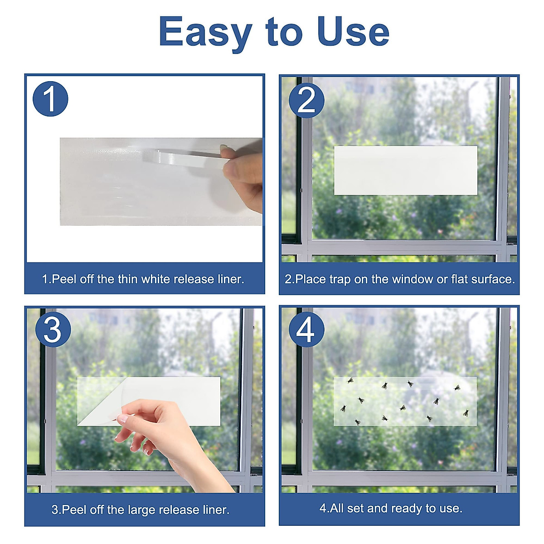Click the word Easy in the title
204,32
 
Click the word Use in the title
353,32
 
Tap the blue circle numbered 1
50,99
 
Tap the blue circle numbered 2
306,100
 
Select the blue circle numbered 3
52,330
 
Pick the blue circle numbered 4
306,330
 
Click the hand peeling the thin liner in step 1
245,175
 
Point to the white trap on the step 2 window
405,170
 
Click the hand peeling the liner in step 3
172,435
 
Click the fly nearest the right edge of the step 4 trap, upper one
457,388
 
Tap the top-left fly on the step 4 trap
350,380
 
